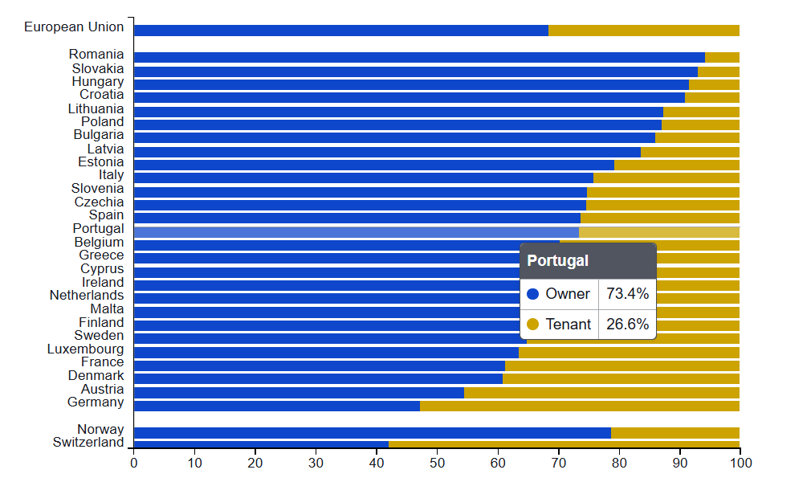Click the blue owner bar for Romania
click(x=418, y=57)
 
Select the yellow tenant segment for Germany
click(x=579, y=406)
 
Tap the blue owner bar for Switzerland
click(x=261, y=444)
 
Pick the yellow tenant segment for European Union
click(x=643, y=31)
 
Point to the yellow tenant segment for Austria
click(x=601, y=392)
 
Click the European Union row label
click(x=74, y=27)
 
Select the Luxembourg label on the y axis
click(x=85, y=349)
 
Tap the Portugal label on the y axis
click(x=98, y=229)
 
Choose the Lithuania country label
click(x=96, y=108)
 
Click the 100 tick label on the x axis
click(x=740, y=463)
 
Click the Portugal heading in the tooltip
click(x=557, y=261)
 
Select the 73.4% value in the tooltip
click(x=627, y=294)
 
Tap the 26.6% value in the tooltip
click(x=627, y=325)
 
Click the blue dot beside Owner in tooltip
click(x=532, y=294)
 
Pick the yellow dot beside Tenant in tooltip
click(x=532, y=325)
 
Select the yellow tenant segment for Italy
click(x=666, y=178)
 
